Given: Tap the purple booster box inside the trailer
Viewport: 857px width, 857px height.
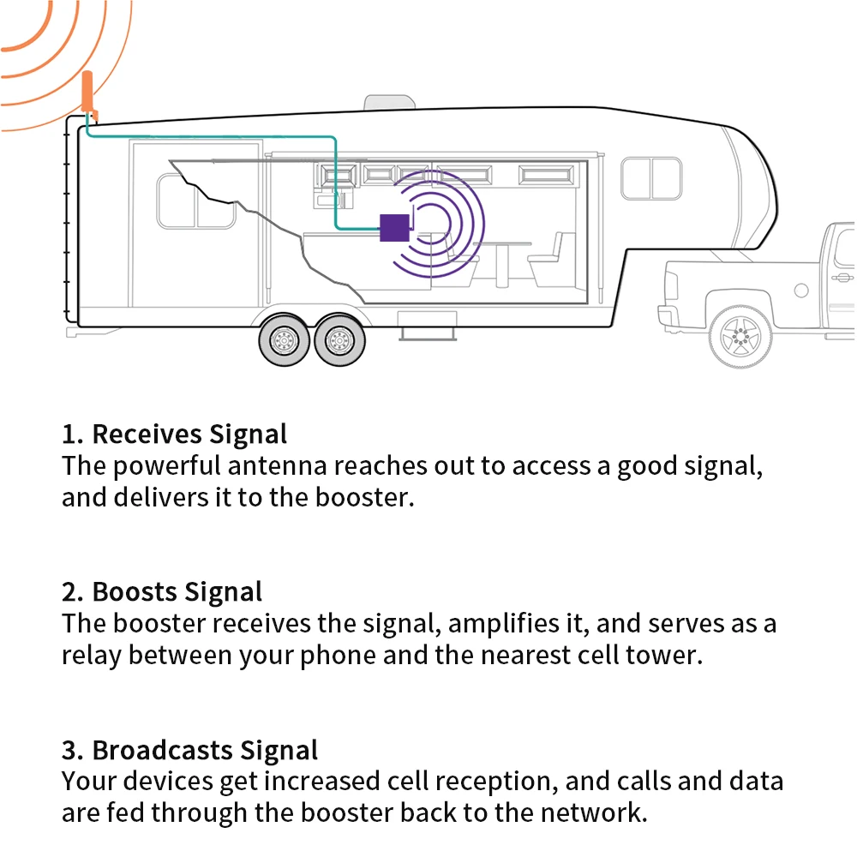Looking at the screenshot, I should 394,227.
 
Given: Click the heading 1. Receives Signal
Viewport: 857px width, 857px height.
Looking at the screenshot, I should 174,434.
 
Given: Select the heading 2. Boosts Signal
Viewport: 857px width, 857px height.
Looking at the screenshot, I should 162,591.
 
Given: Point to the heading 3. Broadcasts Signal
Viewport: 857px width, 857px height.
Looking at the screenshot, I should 189,750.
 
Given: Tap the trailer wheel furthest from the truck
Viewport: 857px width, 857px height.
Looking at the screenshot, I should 284,340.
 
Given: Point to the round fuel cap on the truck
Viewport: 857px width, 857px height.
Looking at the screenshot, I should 801,291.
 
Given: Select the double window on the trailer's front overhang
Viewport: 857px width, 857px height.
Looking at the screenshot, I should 651,178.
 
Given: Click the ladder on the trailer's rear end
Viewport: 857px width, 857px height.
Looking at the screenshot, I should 68,223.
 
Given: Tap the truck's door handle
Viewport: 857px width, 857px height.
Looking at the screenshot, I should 843,278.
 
